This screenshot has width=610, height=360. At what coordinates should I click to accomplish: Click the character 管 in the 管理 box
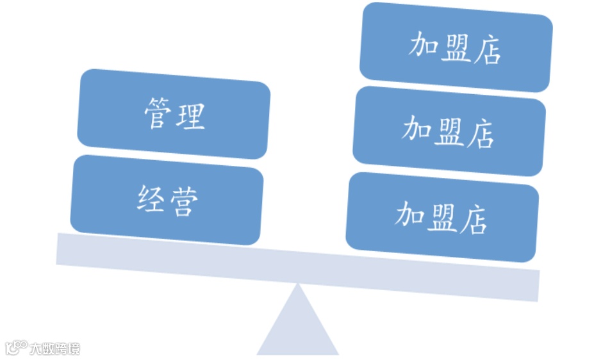tap(157, 113)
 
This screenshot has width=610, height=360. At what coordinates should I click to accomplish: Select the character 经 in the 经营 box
tap(151, 199)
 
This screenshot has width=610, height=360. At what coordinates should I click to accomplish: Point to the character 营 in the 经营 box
tap(184, 201)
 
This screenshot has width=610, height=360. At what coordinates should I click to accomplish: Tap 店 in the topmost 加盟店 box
tap(488, 51)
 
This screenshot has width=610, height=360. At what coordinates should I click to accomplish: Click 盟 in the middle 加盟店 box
tap(449, 132)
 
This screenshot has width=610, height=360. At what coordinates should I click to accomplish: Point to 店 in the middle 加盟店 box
tap(481, 135)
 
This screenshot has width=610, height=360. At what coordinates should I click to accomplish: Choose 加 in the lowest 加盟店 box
tap(408, 215)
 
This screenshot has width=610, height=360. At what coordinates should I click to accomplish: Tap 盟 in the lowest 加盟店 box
tap(441, 217)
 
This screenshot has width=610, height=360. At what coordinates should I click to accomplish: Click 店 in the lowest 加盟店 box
tap(474, 220)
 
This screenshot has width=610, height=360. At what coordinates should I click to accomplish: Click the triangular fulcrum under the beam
tap(297, 330)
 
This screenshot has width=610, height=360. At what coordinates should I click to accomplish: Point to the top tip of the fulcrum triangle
tap(297, 284)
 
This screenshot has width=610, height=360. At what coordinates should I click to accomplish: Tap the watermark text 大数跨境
tap(54, 349)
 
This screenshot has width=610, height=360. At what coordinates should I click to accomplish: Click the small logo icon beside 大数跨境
tap(17, 348)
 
